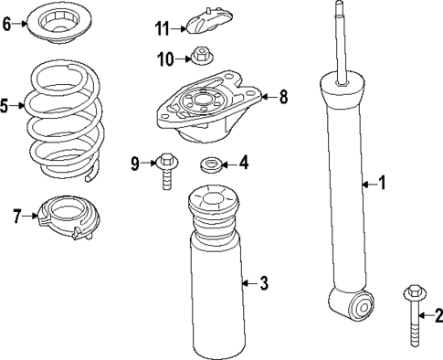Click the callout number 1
[x=383, y=184]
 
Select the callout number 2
[x=438, y=316]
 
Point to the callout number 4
[x=243, y=164]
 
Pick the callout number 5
[x=5, y=107]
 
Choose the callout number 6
[x=7, y=24]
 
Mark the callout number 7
[x=16, y=217]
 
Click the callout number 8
[x=282, y=95]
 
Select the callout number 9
[x=135, y=164]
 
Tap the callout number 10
[x=164, y=60]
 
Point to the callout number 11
[x=162, y=28]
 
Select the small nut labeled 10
[x=199, y=58]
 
